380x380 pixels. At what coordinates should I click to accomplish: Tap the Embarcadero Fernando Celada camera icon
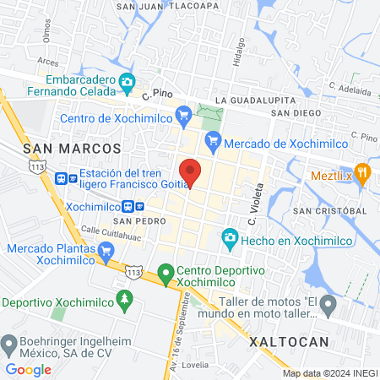(x=128, y=82)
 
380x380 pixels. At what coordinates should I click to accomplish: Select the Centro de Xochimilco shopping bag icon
(x=182, y=114)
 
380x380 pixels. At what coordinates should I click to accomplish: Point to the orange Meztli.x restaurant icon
(x=363, y=171)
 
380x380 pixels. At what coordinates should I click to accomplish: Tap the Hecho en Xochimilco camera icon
(x=229, y=240)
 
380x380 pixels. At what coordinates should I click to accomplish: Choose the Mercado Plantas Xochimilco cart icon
(x=106, y=251)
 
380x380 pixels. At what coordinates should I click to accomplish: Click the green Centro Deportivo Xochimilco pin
(x=166, y=274)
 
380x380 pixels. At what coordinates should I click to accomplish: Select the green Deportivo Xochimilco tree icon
(x=125, y=300)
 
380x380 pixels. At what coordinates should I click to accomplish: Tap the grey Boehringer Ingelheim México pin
(x=11, y=343)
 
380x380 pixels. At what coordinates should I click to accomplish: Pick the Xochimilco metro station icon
(x=128, y=206)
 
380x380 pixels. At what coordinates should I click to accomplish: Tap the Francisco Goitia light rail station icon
(x=62, y=178)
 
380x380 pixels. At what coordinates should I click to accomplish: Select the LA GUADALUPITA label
(x=253, y=100)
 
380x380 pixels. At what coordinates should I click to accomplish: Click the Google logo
(x=28, y=369)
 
